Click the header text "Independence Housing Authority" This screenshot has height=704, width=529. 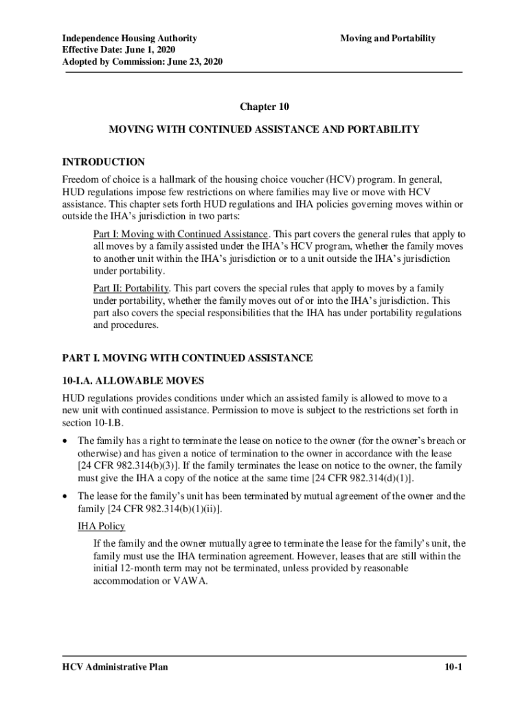pos(130,38)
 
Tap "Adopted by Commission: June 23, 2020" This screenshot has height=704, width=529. pos(142,63)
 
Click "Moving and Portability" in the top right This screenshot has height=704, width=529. pos(387,38)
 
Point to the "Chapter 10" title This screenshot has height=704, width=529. pos(264,107)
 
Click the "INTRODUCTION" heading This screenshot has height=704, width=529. pos(104,162)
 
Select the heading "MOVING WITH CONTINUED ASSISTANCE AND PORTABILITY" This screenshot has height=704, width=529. pos(264,129)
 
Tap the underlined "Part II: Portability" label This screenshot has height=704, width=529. pos(131,288)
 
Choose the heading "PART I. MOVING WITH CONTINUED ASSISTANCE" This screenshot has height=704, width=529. pos(188,358)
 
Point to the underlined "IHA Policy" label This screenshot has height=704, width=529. pos(101,526)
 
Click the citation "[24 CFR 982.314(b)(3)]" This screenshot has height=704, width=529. pos(121,466)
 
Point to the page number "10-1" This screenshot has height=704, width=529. pos(452,667)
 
